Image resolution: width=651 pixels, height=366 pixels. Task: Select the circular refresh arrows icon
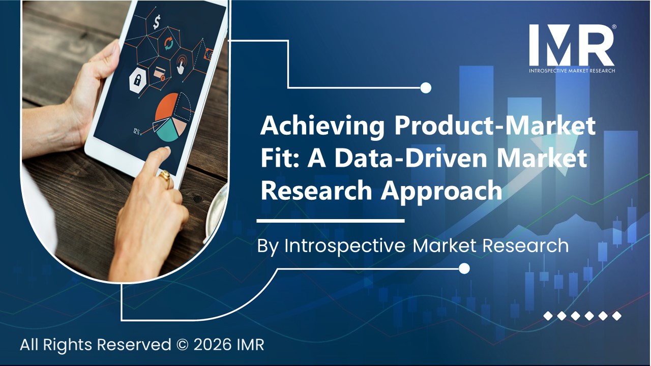pos(168,45)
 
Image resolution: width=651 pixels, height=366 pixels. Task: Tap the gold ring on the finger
pos(165,176)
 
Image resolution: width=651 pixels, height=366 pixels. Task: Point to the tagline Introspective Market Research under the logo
pos(572,70)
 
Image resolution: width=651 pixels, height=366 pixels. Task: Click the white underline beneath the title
pos(330,221)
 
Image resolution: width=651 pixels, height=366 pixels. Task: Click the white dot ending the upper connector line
pos(426,88)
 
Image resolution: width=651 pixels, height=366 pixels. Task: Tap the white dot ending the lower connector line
pos(464,268)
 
